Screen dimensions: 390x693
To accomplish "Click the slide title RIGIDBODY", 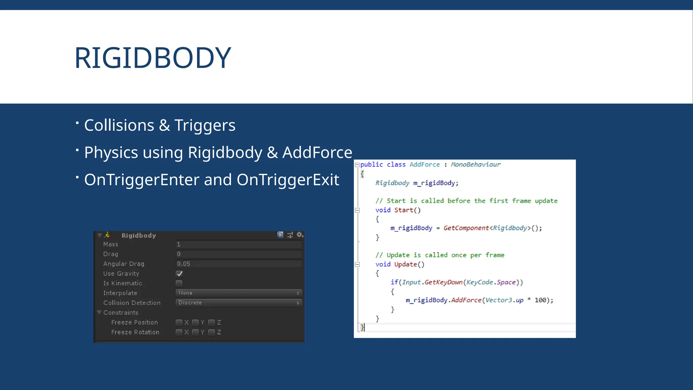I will [153, 58].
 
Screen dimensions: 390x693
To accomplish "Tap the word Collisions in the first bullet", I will [119, 125].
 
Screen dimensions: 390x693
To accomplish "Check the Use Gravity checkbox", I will [179, 274].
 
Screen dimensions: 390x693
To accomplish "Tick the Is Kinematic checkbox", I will [179, 283].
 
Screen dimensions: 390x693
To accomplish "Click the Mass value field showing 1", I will [239, 244].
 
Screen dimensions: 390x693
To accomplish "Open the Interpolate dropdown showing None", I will [239, 293].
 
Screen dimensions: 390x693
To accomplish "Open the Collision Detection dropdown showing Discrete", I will [239, 303].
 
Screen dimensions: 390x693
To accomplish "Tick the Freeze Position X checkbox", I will [179, 322].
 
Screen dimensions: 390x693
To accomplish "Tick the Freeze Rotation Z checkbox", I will [211, 332].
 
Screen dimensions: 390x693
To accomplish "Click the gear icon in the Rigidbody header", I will [299, 235].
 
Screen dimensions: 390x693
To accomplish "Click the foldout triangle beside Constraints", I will [99, 312].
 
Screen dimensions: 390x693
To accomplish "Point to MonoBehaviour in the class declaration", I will [475, 165].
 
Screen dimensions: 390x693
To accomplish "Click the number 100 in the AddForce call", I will [540, 300].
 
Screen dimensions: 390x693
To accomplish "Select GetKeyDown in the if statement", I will [443, 282].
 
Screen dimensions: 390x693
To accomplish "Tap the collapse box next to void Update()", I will [357, 264].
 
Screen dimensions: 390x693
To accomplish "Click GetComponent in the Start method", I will [466, 228].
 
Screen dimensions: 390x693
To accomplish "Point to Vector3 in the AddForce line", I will [498, 300].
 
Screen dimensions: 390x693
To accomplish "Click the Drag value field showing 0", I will [239, 254].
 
